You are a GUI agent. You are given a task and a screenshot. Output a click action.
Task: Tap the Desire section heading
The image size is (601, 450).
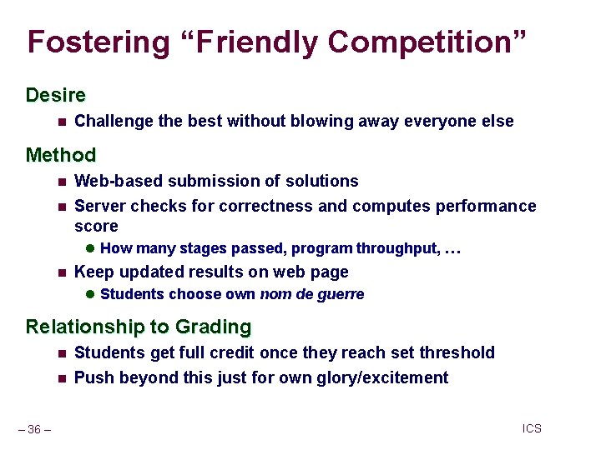[56, 95]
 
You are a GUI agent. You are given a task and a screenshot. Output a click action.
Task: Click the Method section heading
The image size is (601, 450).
[61, 155]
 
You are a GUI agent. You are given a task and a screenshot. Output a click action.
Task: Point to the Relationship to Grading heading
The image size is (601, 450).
[139, 327]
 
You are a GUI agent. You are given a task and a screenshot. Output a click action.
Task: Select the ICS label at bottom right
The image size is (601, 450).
[532, 428]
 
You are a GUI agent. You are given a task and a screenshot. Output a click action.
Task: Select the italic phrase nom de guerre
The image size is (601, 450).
[312, 294]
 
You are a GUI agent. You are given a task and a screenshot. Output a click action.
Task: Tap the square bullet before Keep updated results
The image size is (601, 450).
[61, 272]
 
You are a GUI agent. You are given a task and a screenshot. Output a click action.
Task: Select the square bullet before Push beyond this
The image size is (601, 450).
[61, 378]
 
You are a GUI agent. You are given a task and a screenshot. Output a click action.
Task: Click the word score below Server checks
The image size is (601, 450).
[96, 227]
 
